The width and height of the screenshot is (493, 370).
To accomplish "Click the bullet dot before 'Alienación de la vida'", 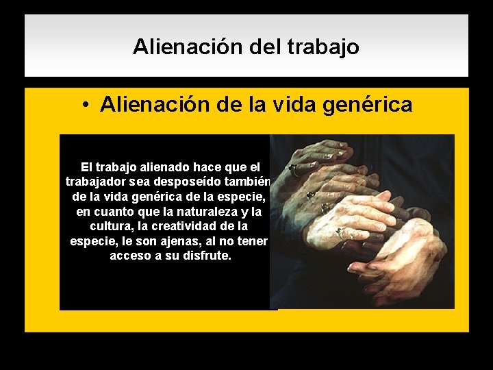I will coord(84,105).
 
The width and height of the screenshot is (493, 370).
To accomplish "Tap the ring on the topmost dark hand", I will coord(293,166).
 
